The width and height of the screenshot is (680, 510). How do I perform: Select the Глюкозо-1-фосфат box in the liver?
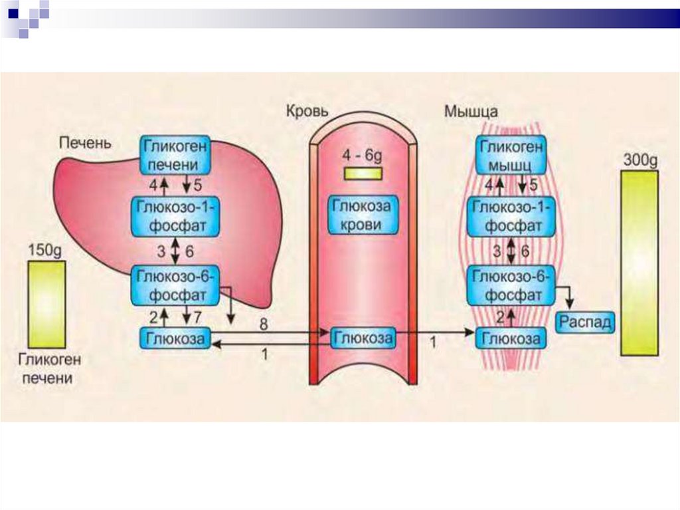coord(175,216)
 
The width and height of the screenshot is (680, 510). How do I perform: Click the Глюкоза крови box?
coord(362,215)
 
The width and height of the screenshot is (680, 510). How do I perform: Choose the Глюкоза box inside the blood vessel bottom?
coord(363,338)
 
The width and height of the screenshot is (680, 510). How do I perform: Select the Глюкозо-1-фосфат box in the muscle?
coord(511,216)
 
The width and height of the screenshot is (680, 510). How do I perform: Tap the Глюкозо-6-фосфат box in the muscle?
coord(511,285)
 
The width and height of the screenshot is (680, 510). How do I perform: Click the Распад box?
coord(585,322)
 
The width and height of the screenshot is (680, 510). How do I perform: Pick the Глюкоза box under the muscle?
coord(511,338)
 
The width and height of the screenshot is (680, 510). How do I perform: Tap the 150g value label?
coord(46,251)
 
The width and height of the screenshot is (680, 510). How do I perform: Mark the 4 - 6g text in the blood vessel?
coord(363,156)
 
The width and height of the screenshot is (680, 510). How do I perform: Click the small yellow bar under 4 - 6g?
coord(363,174)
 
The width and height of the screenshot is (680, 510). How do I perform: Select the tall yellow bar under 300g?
coord(639,263)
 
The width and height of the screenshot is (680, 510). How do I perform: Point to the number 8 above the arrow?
coord(264,325)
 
